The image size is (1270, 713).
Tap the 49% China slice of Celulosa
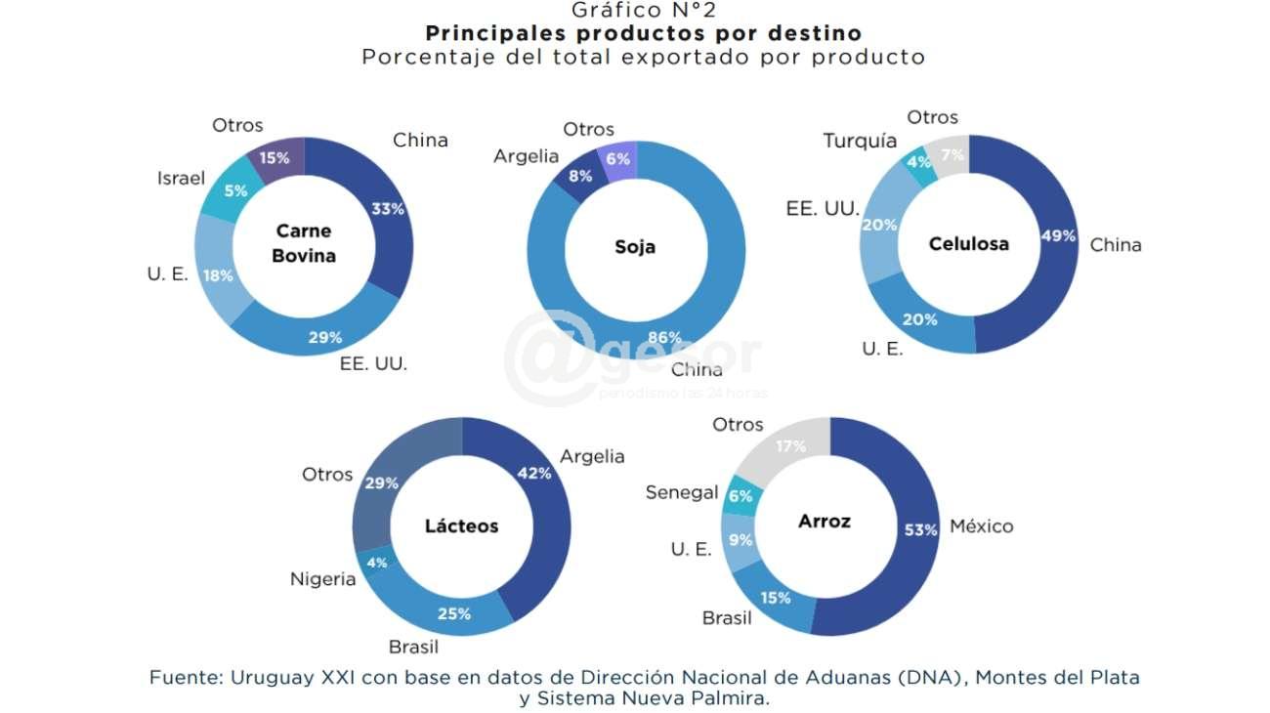click(1055, 237)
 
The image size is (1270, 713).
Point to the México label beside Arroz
click(981, 526)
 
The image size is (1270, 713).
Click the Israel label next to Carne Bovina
click(181, 178)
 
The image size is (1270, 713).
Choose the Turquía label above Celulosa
click(860, 141)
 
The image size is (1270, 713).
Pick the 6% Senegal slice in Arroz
click(740, 496)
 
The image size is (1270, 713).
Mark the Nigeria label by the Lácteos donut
click(322, 579)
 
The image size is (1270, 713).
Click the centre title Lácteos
click(461, 526)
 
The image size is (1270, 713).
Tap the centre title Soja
click(635, 247)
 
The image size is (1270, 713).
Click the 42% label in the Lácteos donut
click(533, 474)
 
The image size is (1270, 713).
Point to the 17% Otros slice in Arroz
click(789, 447)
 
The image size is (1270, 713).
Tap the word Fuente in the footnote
click(181, 677)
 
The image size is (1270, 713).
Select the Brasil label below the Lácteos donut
click(413, 647)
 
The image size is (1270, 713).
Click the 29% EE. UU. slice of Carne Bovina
click(325, 337)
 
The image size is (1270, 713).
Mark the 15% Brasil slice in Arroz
click(777, 597)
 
